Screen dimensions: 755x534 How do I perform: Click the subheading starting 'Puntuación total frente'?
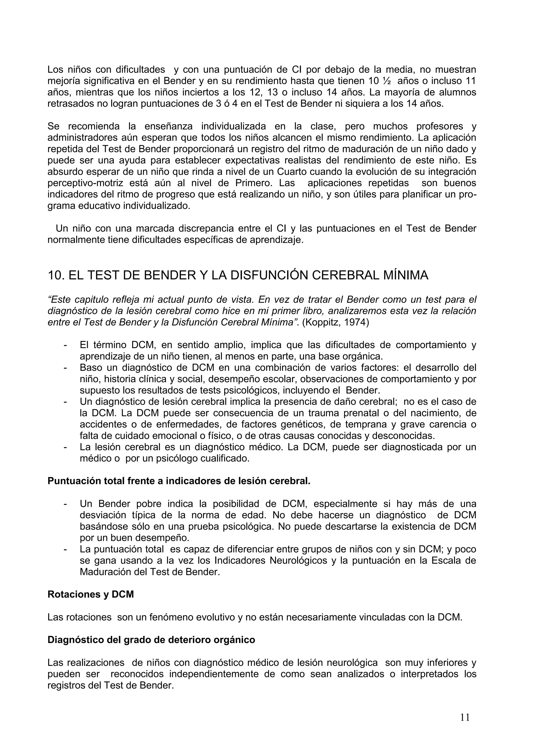click(x=179, y=481)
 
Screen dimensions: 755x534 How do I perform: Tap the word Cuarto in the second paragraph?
click(x=295, y=172)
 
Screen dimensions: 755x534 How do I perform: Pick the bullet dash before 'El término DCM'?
click(x=65, y=345)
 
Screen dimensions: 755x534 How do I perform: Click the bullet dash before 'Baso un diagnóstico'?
click(x=65, y=368)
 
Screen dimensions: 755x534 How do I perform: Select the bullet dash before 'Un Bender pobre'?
click(x=65, y=504)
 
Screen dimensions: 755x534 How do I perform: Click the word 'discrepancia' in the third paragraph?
click(x=205, y=228)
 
